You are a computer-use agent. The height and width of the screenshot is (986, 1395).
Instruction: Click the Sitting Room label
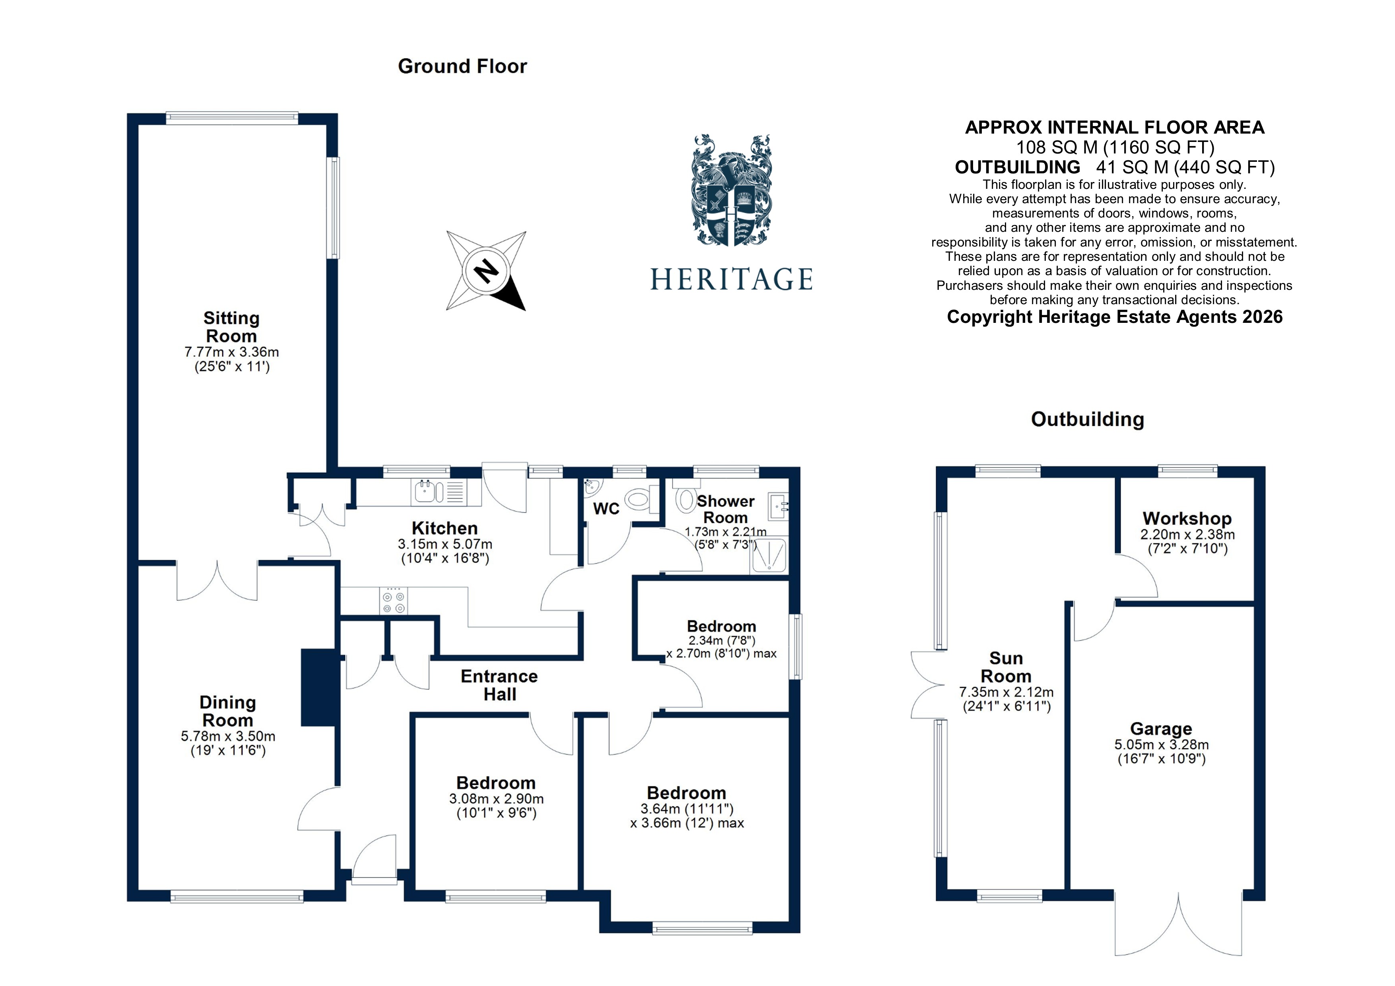click(231, 327)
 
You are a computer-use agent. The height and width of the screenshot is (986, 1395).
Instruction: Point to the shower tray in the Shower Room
click(769, 555)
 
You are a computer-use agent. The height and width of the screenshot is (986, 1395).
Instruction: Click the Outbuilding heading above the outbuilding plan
click(1087, 419)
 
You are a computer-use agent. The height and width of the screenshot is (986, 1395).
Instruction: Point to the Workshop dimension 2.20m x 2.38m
click(1187, 535)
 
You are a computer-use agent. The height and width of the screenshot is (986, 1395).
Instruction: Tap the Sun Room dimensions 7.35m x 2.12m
click(1006, 692)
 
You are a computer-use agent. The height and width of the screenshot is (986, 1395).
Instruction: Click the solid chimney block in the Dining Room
click(319, 687)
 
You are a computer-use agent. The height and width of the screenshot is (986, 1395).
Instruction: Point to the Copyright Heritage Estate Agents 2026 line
click(1114, 317)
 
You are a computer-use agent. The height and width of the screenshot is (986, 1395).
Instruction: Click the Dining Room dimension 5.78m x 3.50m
click(228, 736)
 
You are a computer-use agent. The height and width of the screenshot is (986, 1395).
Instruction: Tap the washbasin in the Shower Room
click(778, 505)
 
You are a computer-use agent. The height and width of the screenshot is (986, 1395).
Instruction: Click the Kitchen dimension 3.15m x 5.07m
click(445, 544)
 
